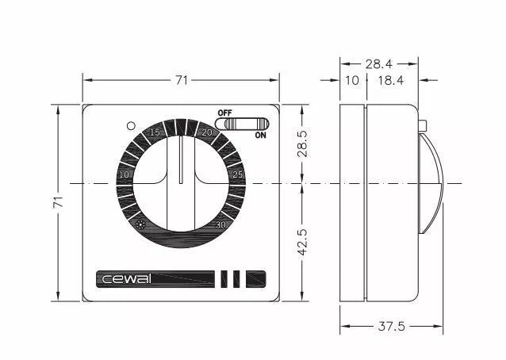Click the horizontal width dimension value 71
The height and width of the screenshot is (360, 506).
[x=182, y=79]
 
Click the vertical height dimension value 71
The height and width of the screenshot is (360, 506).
[x=58, y=203]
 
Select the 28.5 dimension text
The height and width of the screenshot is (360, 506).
[x=302, y=144]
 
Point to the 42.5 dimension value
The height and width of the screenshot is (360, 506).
[x=302, y=242]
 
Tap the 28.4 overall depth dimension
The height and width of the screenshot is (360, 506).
[x=378, y=63]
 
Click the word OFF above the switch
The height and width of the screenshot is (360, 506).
[x=224, y=113]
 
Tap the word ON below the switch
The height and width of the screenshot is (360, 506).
[x=260, y=135]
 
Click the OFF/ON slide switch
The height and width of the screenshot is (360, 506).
[x=248, y=124]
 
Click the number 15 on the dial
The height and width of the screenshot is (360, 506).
[x=155, y=132]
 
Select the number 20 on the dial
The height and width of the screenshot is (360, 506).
[x=207, y=132]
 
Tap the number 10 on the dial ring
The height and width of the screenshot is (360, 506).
[x=124, y=174]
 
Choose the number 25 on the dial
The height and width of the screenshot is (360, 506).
[x=237, y=174]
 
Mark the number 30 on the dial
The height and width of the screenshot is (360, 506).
[x=222, y=224]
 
